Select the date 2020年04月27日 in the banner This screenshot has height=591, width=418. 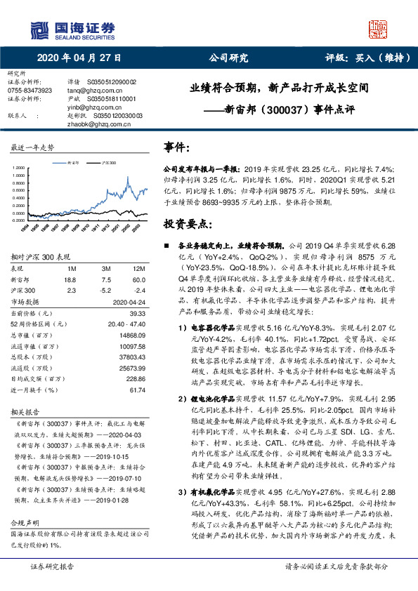coord(78,59)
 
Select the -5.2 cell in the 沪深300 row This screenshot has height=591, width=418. coord(105,288)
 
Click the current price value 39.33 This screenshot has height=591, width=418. coord(137,314)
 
